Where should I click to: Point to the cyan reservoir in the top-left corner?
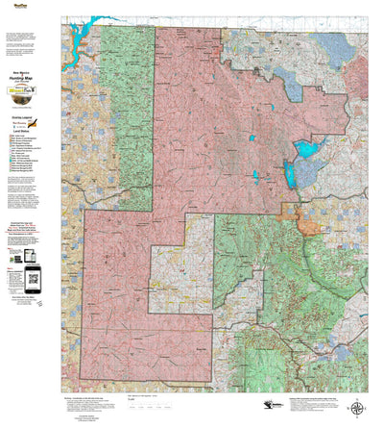(x=77, y=39)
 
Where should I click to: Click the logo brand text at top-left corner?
(x=13, y=6)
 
